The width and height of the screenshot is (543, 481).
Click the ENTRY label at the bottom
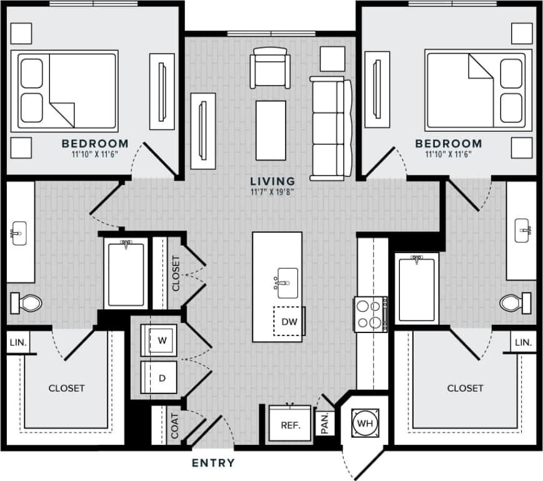[213, 463]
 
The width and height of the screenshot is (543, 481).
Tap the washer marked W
[162, 341]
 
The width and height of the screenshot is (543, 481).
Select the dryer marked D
[162, 377]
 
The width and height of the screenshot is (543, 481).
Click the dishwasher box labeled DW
[289, 322]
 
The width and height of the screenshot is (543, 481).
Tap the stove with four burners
[369, 314]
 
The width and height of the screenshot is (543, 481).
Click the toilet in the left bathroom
[26, 304]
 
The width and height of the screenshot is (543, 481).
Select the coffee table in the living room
[271, 130]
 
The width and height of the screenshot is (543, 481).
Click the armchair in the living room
[269, 67]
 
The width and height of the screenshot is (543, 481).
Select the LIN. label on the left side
[16, 342]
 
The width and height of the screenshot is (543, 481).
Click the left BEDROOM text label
[95, 144]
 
